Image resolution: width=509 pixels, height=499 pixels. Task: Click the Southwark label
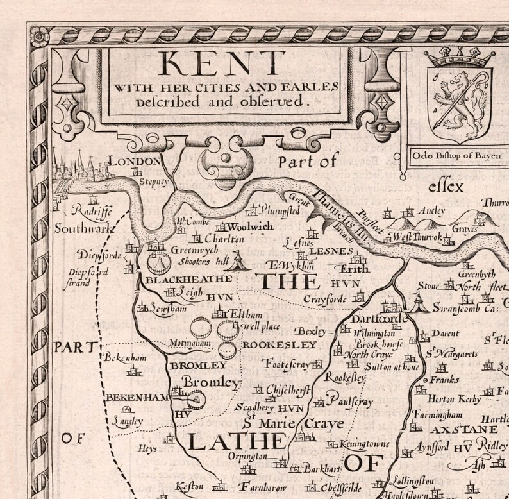pyautogui.click(x=83, y=228)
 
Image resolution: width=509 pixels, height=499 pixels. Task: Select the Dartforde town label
pyautogui.click(x=380, y=319)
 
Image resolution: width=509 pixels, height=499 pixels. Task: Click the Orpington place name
pyautogui.click(x=247, y=456)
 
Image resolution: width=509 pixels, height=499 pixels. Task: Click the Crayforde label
pyautogui.click(x=324, y=298)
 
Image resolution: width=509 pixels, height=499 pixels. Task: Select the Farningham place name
pyautogui.click(x=437, y=414)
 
